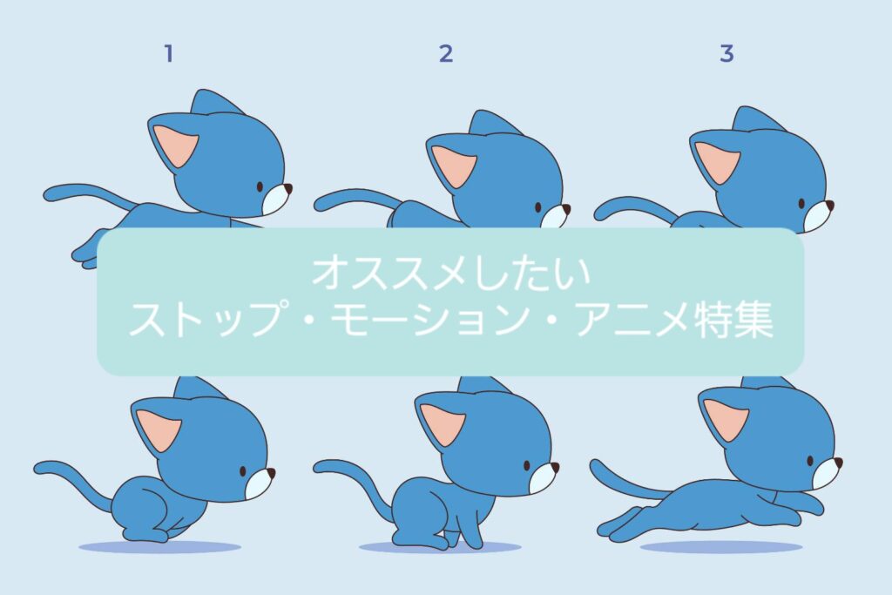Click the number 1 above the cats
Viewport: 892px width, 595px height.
tap(168, 53)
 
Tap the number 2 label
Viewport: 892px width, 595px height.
tap(446, 53)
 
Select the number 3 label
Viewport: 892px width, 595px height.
tap(726, 53)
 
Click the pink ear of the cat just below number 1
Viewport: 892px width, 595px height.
tap(176, 145)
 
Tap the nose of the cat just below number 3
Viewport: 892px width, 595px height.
tap(829, 205)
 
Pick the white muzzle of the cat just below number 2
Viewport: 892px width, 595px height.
tap(555, 218)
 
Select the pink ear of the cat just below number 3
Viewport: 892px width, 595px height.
tap(718, 162)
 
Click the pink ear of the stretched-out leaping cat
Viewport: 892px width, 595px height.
tap(726, 419)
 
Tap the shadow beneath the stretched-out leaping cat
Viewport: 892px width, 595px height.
tap(720, 547)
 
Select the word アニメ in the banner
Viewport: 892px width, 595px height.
tap(633, 320)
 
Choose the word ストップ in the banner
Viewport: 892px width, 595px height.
tap(206, 320)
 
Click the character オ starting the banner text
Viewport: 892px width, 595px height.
tap(332, 273)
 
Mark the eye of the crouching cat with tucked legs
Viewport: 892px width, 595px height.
tap(243, 471)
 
